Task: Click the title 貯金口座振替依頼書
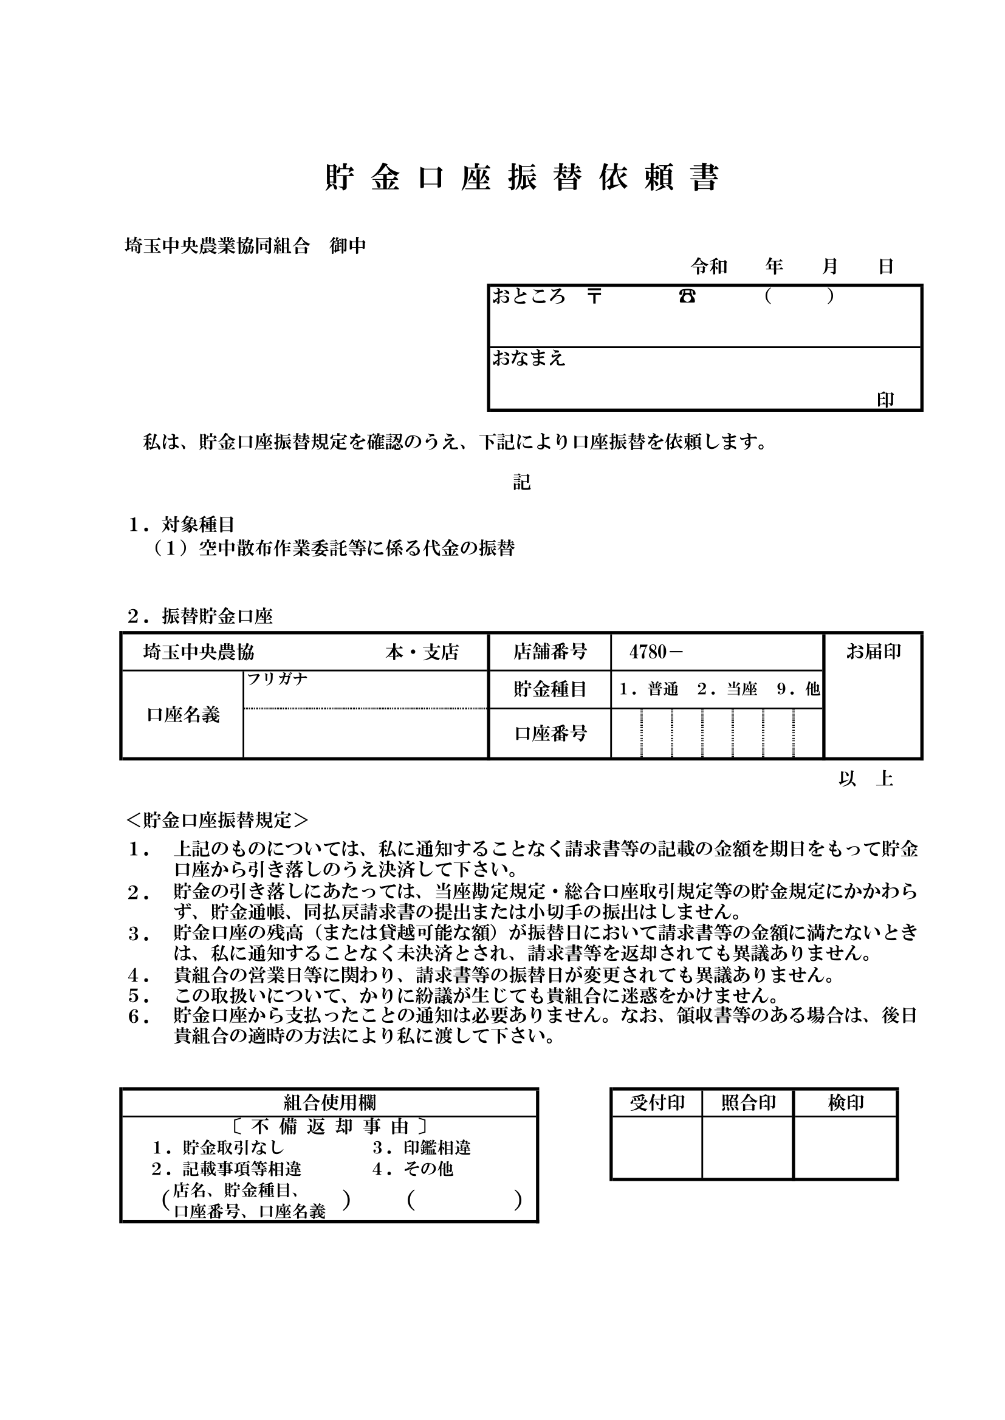[x=522, y=178]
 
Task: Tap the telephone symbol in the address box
[x=687, y=296]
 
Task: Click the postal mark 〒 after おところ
[x=594, y=296]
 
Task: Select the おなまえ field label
[x=529, y=358]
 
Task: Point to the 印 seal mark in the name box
[x=885, y=400]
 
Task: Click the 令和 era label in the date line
[x=709, y=267]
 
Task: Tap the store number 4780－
[x=656, y=652]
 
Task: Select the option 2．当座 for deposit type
[x=727, y=689]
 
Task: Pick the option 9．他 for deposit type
[x=798, y=689]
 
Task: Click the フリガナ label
[x=277, y=679]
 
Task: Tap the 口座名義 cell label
[x=183, y=715]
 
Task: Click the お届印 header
[x=873, y=651]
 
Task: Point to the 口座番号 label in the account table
[x=551, y=734]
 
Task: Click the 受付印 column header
[x=657, y=1103]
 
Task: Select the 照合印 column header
[x=748, y=1103]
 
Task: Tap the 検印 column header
[x=845, y=1103]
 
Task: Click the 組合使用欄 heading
[x=330, y=1102]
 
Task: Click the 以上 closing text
[x=866, y=779]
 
